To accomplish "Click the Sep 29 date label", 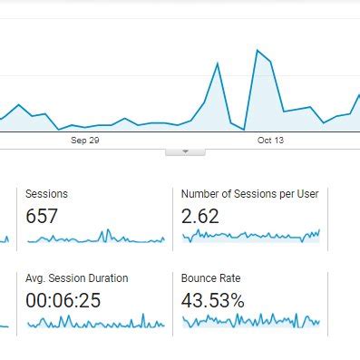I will coord(84,141).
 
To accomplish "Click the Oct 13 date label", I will coord(271,141).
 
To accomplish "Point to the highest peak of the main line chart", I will coord(258,50).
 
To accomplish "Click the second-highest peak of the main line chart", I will coord(218,63).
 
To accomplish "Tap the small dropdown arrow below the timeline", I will coord(186,151).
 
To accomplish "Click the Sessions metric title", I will coord(46,194).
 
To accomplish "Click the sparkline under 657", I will coord(95,238).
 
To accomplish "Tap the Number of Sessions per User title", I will coord(249,194).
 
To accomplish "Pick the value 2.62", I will coord(200,216).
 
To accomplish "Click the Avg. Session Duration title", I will coord(77,278).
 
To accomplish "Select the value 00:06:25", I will coord(63,300).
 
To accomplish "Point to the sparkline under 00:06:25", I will coord(95,322).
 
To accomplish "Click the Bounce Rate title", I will coord(210,278).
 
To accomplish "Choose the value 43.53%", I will coord(213,300).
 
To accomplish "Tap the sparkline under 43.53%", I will coord(251,320).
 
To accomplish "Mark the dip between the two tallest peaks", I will coord(243,130).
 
